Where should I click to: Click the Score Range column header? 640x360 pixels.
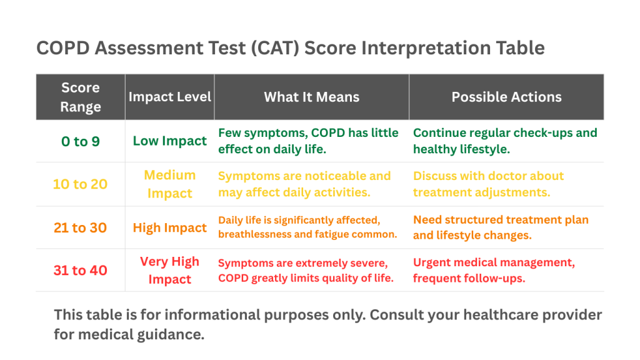pos(80,97)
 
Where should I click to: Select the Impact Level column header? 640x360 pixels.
pos(169,97)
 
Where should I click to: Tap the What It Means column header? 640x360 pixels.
pos(311,97)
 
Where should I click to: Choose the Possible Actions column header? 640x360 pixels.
pos(506,97)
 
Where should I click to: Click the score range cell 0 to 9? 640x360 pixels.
pos(80,141)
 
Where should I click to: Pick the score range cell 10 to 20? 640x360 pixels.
pos(80,184)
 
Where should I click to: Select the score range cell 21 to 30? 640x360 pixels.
pos(80,227)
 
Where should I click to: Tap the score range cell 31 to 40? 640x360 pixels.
pos(80,271)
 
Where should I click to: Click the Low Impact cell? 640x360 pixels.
pos(169,141)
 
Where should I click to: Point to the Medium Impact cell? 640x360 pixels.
pos(169,184)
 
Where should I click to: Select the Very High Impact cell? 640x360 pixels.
pos(169,270)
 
